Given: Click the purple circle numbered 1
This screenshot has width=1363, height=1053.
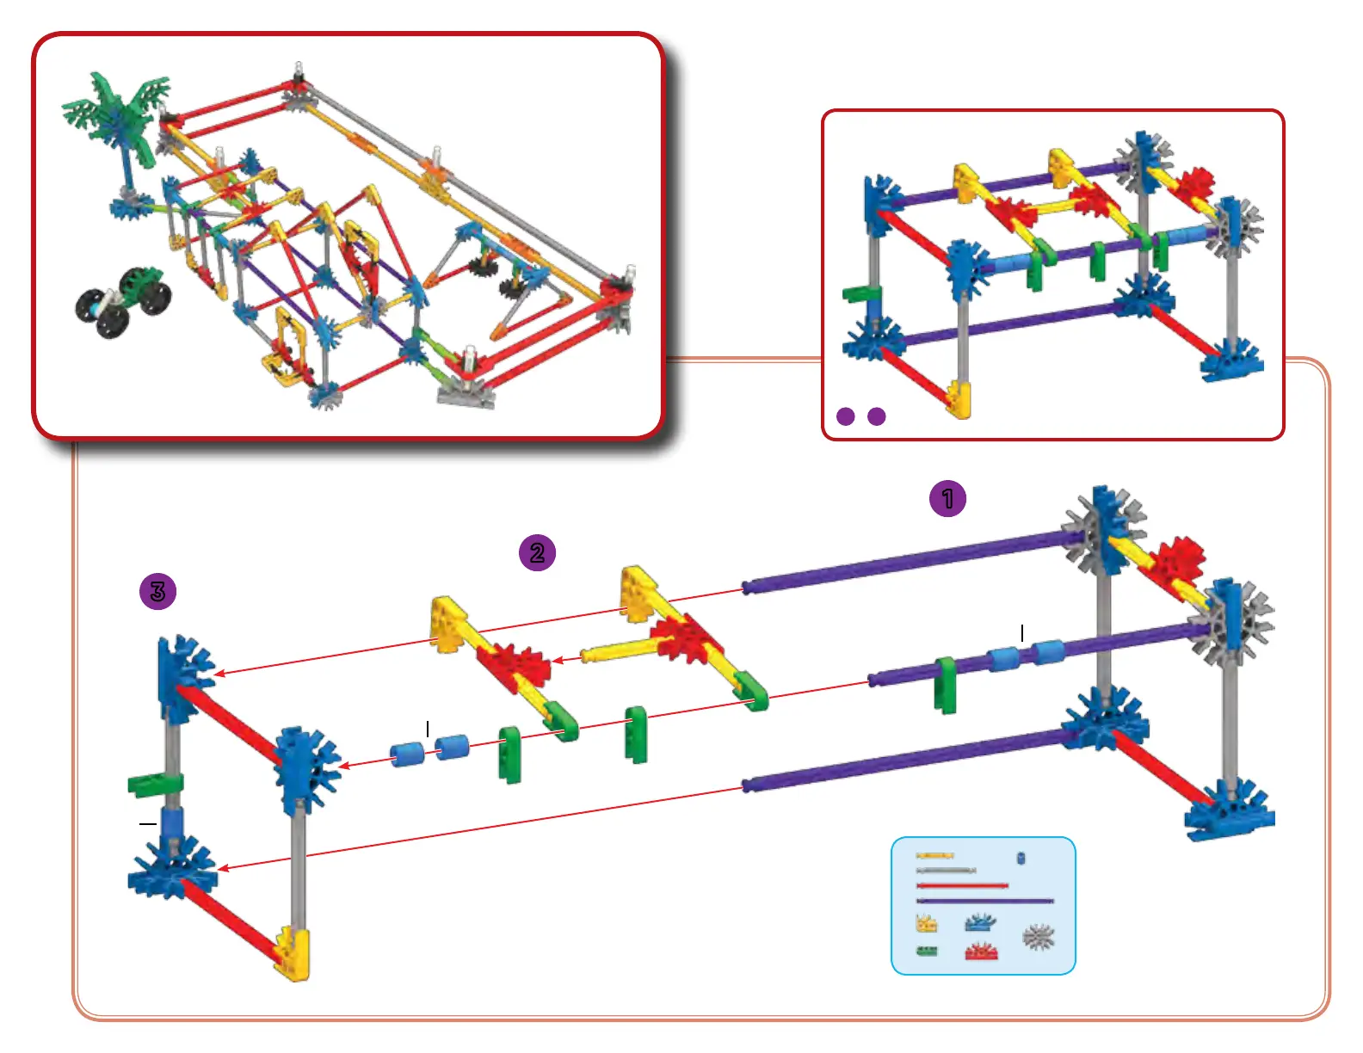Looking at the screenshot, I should (947, 499).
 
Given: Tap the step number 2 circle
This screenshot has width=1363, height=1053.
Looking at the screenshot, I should (537, 552).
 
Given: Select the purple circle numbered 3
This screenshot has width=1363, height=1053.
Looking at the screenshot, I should (157, 592).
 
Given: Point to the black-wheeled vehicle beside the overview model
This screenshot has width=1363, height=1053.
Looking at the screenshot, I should (123, 300).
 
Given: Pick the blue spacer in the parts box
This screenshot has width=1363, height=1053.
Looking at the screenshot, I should (1021, 858).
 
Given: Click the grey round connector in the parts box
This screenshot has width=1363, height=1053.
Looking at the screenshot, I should (1039, 936).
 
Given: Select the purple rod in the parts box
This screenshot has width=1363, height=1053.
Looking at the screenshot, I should (985, 901).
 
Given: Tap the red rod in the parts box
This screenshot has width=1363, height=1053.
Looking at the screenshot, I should (962, 885).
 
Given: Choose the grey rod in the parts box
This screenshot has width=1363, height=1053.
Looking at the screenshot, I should (946, 871).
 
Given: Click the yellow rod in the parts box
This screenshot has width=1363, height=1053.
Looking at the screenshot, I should (934, 856).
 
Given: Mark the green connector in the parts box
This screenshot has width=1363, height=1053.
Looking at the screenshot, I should (927, 951).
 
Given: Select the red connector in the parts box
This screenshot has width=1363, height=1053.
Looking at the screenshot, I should (981, 951).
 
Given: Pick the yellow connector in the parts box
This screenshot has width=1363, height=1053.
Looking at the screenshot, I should (927, 925).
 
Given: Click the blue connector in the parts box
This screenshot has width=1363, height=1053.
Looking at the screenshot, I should (979, 923).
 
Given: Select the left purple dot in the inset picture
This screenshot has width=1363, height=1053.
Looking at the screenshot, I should (846, 416).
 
